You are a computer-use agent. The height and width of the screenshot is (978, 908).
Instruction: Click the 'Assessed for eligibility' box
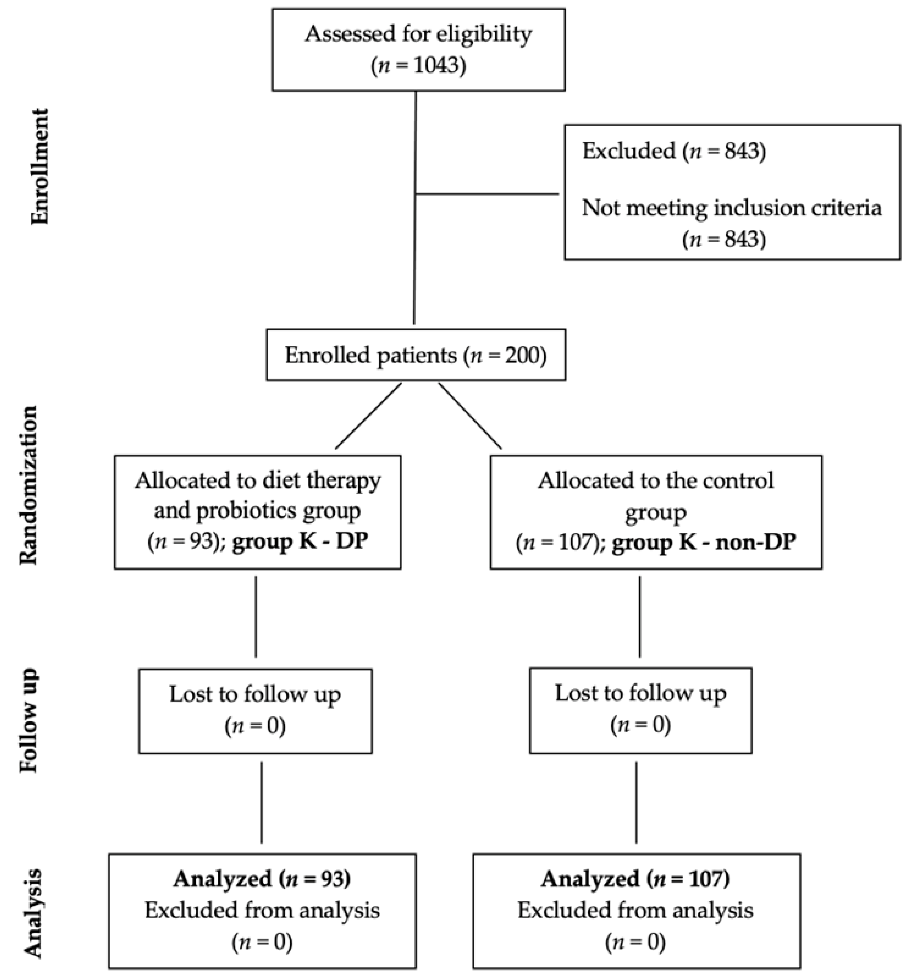(418, 49)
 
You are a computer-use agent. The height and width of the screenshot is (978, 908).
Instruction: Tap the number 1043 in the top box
(435, 65)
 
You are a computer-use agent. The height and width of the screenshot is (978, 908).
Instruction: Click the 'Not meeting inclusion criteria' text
(732, 208)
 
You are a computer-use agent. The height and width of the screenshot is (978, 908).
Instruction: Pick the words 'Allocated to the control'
(656, 481)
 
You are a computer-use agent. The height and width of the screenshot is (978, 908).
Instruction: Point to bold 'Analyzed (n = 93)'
(262, 879)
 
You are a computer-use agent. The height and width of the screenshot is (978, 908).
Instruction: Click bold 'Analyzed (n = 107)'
(635, 879)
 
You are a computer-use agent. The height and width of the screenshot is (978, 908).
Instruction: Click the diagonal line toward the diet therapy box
(368, 416)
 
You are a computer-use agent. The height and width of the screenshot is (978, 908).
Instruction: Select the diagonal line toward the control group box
(470, 416)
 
